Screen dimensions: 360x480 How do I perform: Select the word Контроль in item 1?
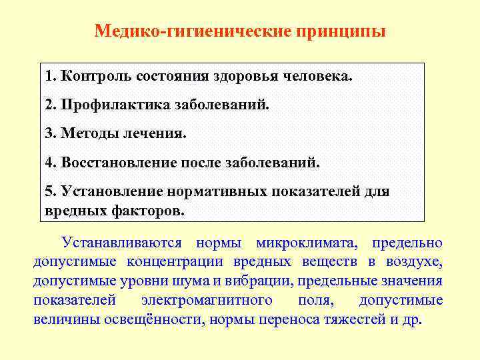(96, 75)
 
